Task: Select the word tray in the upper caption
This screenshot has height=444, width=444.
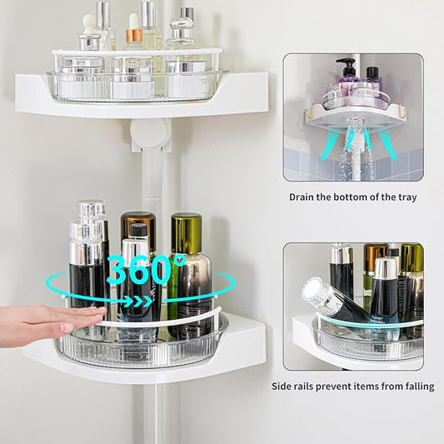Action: tap(402, 197)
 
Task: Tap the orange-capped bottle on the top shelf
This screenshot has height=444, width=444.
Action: tap(133, 37)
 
